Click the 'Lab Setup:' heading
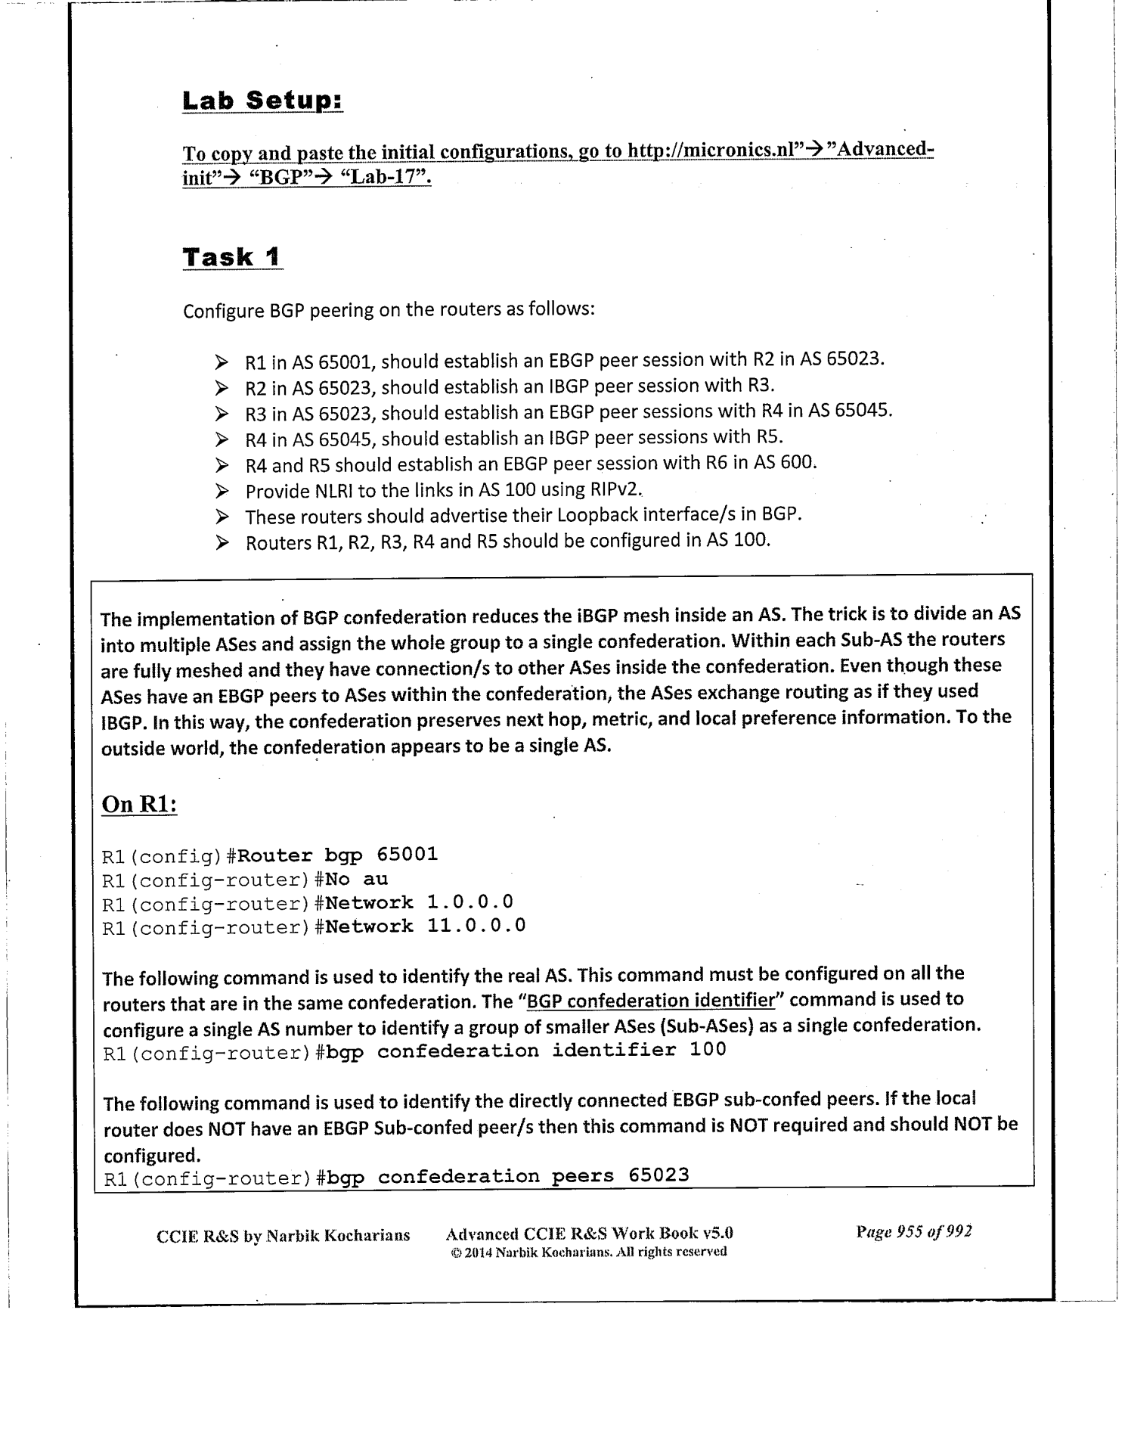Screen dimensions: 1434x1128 click(262, 101)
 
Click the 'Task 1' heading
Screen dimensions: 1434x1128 click(232, 257)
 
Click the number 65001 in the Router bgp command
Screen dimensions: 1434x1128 click(407, 855)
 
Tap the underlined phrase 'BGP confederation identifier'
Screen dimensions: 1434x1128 click(650, 1001)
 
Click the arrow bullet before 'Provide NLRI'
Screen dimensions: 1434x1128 click(222, 492)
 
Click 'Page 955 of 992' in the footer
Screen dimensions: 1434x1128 click(913, 1231)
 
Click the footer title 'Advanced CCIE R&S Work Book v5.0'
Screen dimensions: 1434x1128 click(589, 1234)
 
